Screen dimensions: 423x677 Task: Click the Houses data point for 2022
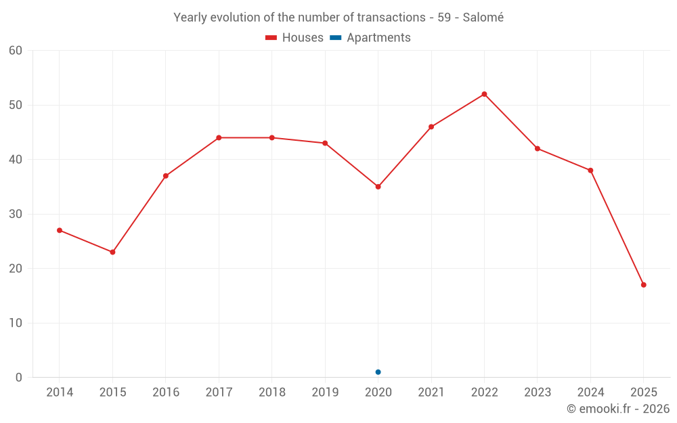484,94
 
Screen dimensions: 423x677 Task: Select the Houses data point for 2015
112,252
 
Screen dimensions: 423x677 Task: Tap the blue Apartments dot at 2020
378,372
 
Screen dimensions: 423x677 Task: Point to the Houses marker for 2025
643,285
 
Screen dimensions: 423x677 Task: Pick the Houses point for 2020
378,187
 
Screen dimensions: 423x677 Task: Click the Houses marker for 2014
60,230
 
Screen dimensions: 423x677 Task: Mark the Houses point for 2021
431,127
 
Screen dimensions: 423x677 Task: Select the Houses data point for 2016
166,176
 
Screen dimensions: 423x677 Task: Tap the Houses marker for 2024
590,171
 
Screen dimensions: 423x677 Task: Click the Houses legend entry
294,38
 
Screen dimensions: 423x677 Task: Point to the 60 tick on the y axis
16,51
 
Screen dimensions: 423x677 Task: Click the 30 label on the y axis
16,214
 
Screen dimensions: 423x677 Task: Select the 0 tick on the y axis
19,378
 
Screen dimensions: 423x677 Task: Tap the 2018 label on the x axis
271,393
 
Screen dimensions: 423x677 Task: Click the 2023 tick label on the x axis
537,393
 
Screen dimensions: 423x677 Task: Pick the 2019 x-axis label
325,393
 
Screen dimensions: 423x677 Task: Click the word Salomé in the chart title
483,18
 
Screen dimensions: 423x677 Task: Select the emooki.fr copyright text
617,409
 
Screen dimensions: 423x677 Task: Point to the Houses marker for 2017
219,137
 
